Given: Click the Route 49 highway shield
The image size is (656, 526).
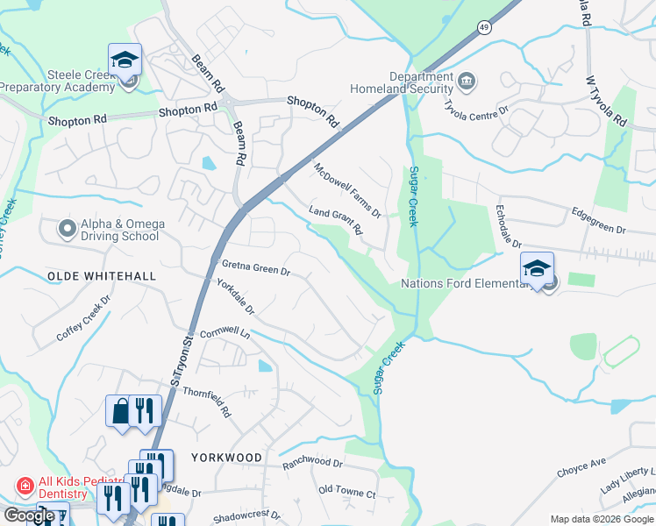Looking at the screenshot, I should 485,28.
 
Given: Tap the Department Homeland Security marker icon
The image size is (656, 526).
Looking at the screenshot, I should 467,83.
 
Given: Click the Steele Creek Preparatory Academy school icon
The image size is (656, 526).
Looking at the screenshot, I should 125,60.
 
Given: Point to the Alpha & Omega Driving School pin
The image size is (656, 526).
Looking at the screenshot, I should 67,230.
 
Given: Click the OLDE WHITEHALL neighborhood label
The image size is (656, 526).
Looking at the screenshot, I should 101,276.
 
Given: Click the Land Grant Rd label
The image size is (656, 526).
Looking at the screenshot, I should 336,221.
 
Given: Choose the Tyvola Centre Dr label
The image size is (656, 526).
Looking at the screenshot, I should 477,111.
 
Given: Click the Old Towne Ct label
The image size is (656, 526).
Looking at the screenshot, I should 347,493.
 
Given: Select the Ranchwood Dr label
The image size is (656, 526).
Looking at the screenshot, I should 313,462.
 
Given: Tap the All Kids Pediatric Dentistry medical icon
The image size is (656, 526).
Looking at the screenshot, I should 25,485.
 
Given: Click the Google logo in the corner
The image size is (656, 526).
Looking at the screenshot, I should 29,515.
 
